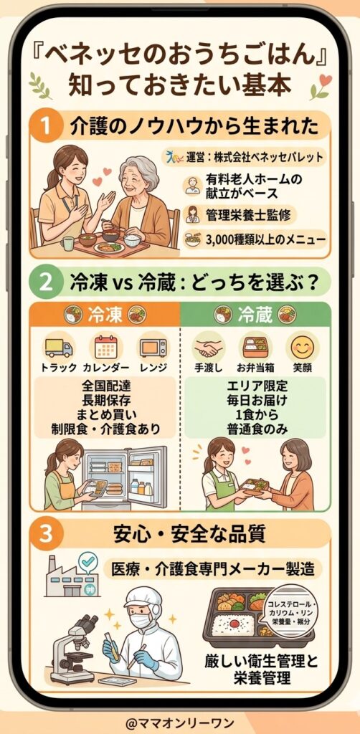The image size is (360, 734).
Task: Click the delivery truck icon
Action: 59,347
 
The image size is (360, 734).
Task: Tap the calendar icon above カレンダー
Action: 106,347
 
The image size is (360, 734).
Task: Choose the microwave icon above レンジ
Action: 153,348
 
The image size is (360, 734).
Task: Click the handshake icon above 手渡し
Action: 209,347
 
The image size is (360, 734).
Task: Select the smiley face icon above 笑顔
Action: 303,347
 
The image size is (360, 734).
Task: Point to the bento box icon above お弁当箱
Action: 256,347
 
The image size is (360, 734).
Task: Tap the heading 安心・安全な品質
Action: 189,534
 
